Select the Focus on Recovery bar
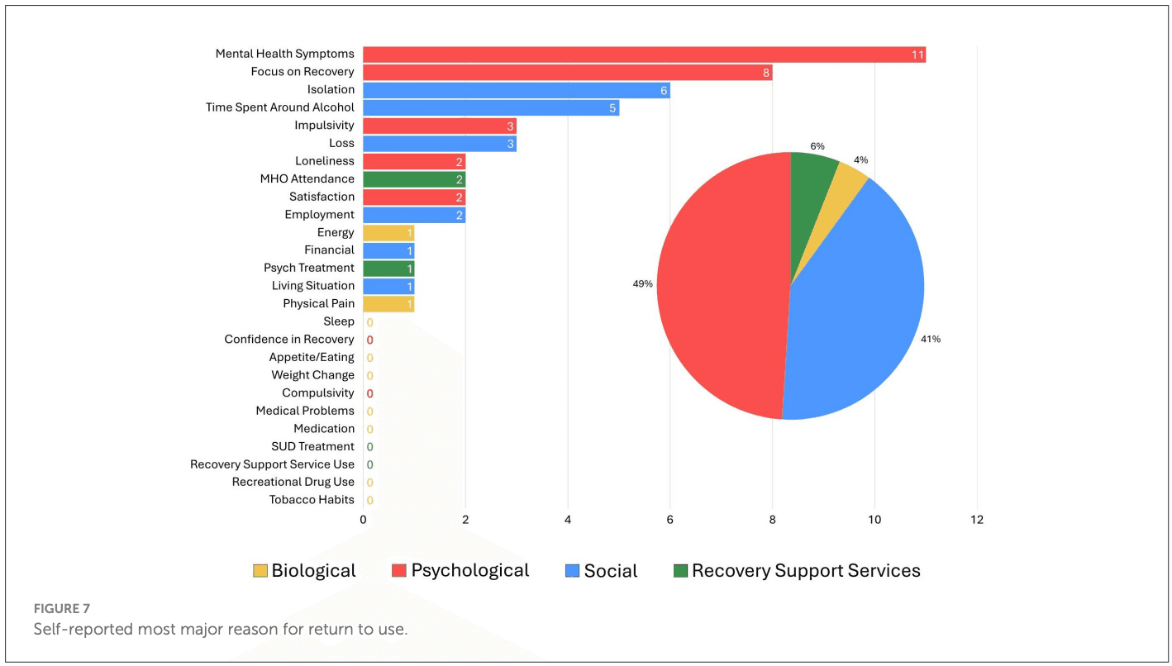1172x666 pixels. click(x=567, y=72)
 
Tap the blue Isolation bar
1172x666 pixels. click(x=516, y=90)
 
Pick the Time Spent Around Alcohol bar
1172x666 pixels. click(x=490, y=107)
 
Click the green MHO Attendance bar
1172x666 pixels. click(x=413, y=179)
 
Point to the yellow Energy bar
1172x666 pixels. click(x=388, y=233)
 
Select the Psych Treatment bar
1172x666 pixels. click(x=388, y=269)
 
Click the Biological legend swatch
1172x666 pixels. click(x=260, y=571)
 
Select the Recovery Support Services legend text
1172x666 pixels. click(x=806, y=571)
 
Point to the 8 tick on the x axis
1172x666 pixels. click(x=772, y=520)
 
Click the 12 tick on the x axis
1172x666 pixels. click(x=977, y=520)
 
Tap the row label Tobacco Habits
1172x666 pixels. click(x=312, y=500)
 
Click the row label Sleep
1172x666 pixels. click(x=339, y=321)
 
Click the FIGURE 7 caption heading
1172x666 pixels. click(x=62, y=609)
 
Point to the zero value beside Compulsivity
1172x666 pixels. click(x=369, y=393)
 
